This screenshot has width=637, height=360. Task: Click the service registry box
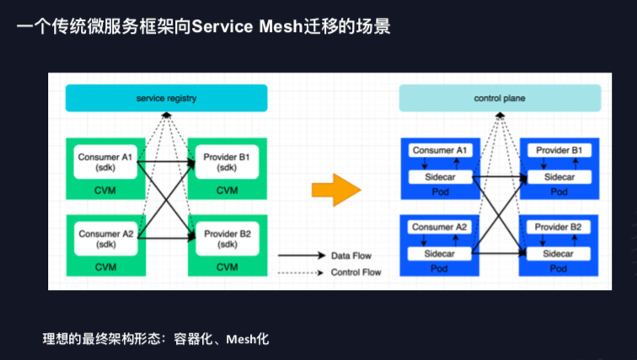pos(166,99)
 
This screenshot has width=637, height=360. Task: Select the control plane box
pos(500,99)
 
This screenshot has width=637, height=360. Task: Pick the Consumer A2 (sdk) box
pos(105,239)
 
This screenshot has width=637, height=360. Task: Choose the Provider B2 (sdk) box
pos(227,239)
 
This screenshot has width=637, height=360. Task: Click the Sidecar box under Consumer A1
pos(439,177)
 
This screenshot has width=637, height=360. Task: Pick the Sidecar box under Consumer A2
pos(439,254)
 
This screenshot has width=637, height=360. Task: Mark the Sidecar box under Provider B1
pos(559,177)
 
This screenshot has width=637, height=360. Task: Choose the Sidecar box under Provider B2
pos(559,254)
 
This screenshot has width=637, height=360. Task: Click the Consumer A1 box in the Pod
pos(439,150)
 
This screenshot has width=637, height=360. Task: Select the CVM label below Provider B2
pos(227,267)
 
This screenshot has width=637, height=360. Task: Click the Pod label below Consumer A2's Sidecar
pos(439,269)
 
